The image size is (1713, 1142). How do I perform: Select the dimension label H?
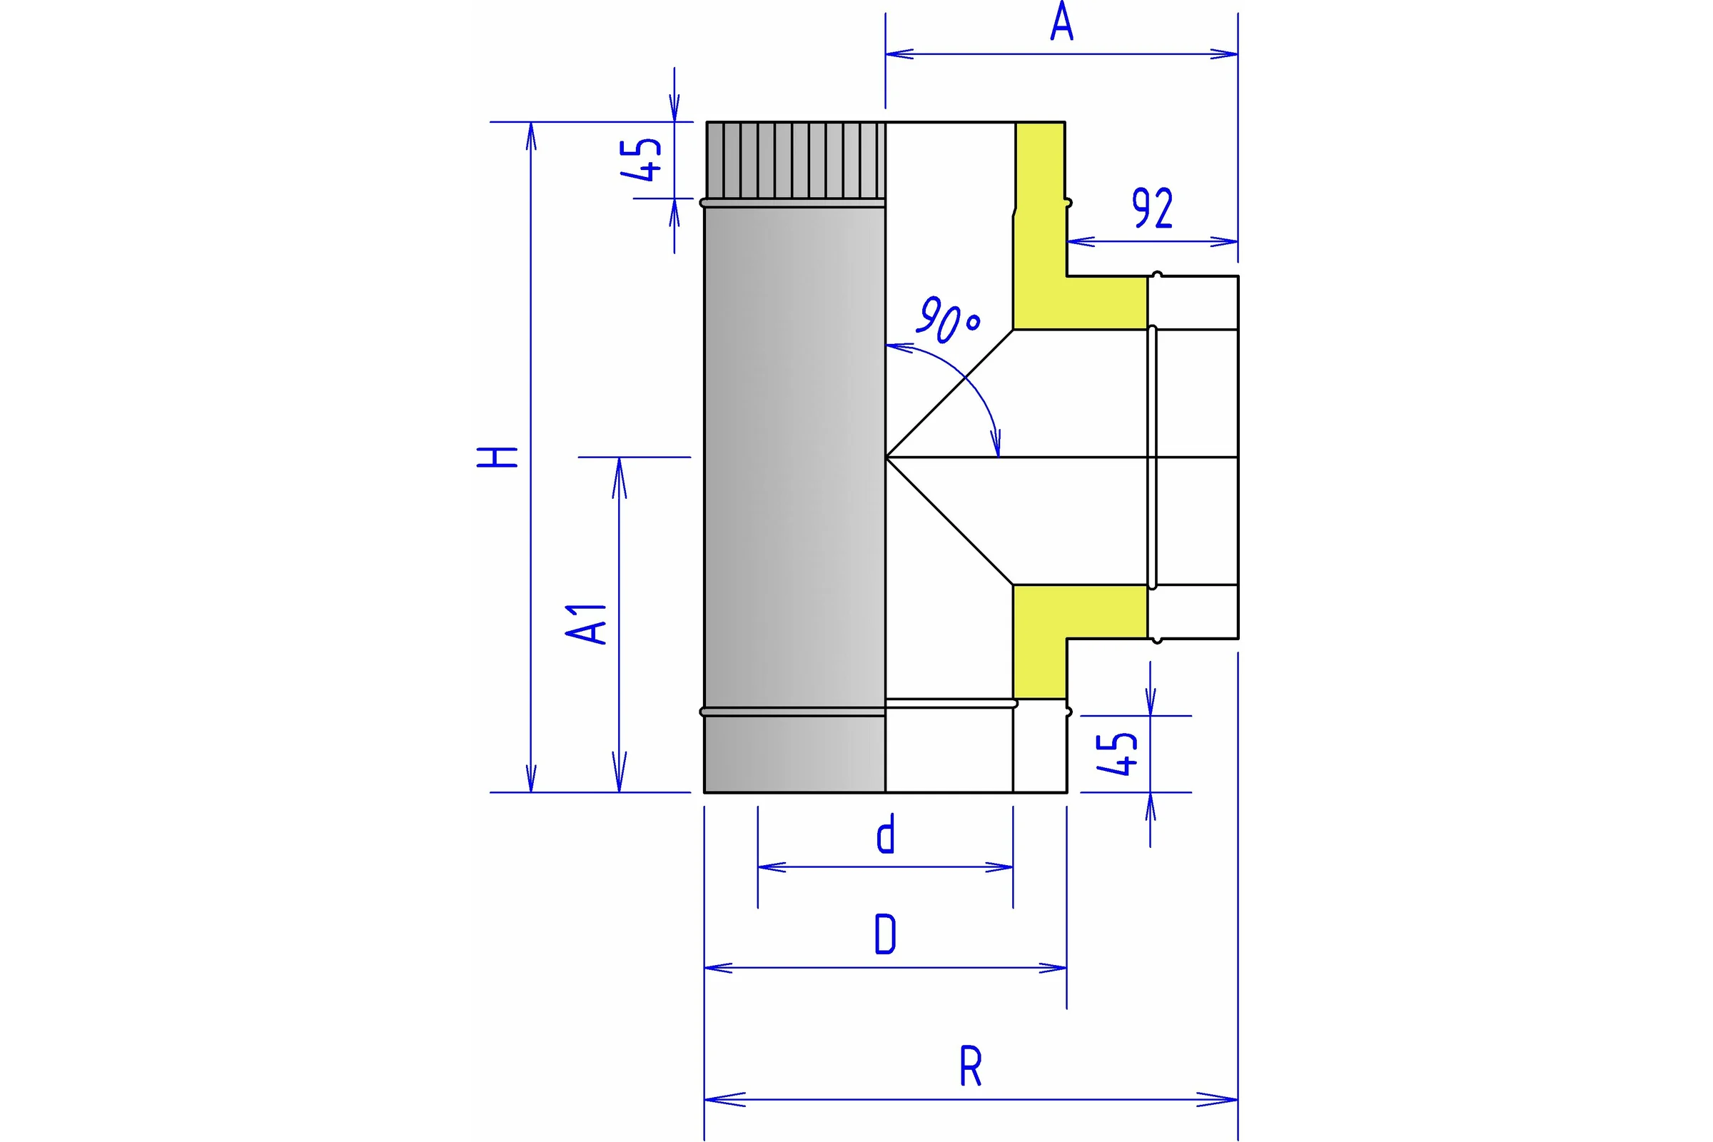pyautogui.click(x=497, y=457)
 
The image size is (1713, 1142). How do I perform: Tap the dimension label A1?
pyautogui.click(x=585, y=624)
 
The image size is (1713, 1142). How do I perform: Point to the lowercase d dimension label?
pyautogui.click(x=885, y=834)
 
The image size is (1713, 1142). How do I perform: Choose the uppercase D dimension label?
pyautogui.click(x=885, y=934)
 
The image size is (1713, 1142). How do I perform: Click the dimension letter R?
pyautogui.click(x=970, y=1066)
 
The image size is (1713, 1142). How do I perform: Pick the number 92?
pyautogui.click(x=1152, y=208)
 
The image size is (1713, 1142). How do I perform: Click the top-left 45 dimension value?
pyautogui.click(x=641, y=158)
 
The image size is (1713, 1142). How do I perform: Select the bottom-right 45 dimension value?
pyautogui.click(x=1116, y=754)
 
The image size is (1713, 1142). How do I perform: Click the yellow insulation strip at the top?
pyautogui.click(x=1040, y=225)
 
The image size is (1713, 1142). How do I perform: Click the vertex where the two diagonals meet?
pyautogui.click(x=886, y=458)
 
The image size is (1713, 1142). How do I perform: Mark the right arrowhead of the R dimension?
pyautogui.click(x=1218, y=1099)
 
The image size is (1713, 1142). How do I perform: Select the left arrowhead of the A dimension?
pyautogui.click(x=899, y=54)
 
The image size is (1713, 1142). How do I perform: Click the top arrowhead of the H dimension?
pyautogui.click(x=531, y=136)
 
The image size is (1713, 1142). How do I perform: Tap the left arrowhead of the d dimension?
pyautogui.click(x=772, y=866)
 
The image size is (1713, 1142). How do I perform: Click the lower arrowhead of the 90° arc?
pyautogui.click(x=996, y=443)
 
